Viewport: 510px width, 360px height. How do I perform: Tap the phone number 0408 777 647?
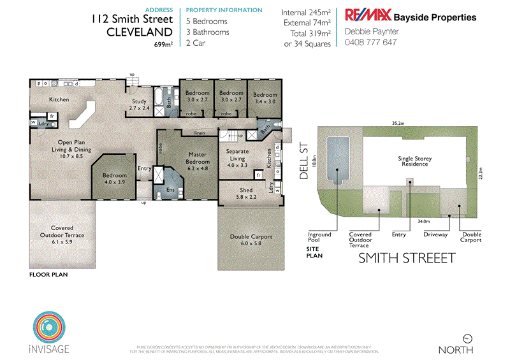(x=370, y=43)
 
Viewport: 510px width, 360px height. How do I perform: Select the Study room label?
(x=138, y=105)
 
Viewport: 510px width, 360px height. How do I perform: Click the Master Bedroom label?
(x=196, y=157)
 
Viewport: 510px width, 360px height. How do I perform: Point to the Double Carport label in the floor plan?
(x=251, y=240)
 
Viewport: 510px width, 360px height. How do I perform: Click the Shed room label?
(x=246, y=194)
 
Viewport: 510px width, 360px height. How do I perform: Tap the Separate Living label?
(x=237, y=154)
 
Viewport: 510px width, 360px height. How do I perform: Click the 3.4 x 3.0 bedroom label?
(x=265, y=98)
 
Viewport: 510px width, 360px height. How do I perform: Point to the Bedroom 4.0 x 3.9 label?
(x=115, y=178)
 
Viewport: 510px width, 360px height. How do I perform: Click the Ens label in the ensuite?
(x=170, y=190)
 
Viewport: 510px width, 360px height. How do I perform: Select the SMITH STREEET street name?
(x=407, y=258)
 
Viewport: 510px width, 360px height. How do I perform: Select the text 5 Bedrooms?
(x=206, y=21)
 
